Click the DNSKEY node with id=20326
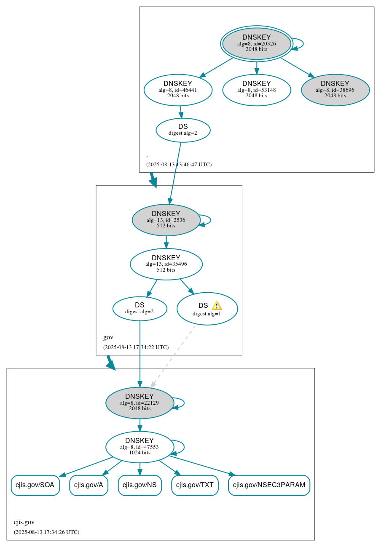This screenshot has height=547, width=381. pyautogui.click(x=256, y=43)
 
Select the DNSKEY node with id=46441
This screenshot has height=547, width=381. pyautogui.click(x=178, y=90)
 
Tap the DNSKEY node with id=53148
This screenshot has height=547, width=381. pyautogui.click(x=256, y=90)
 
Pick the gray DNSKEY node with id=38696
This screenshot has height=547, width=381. pyautogui.click(x=335, y=90)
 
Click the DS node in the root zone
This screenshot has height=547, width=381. pyautogui.click(x=183, y=130)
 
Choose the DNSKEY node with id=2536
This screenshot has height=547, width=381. pyautogui.click(x=166, y=220)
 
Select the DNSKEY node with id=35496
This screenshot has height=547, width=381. pyautogui.click(x=166, y=264)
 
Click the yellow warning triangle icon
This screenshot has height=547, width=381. pyautogui.click(x=217, y=306)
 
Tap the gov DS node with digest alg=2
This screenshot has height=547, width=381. pyautogui.click(x=140, y=309)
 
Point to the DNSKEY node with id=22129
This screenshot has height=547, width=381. pyautogui.click(x=140, y=403)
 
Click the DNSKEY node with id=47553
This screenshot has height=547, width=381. pyautogui.click(x=140, y=447)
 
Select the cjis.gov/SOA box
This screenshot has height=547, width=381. pyautogui.click(x=35, y=485)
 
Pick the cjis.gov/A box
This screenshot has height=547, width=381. pyautogui.click(x=89, y=485)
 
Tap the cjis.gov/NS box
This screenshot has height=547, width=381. pyautogui.click(x=140, y=485)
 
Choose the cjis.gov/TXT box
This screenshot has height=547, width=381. pyautogui.click(x=195, y=485)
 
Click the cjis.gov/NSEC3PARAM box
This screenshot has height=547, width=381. pyautogui.click(x=269, y=485)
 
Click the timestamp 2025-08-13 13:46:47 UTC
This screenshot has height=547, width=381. pyautogui.click(x=179, y=165)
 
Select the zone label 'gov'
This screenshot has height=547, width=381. pyautogui.click(x=108, y=337)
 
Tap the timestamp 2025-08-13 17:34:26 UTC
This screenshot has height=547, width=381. pyautogui.click(x=46, y=532)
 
